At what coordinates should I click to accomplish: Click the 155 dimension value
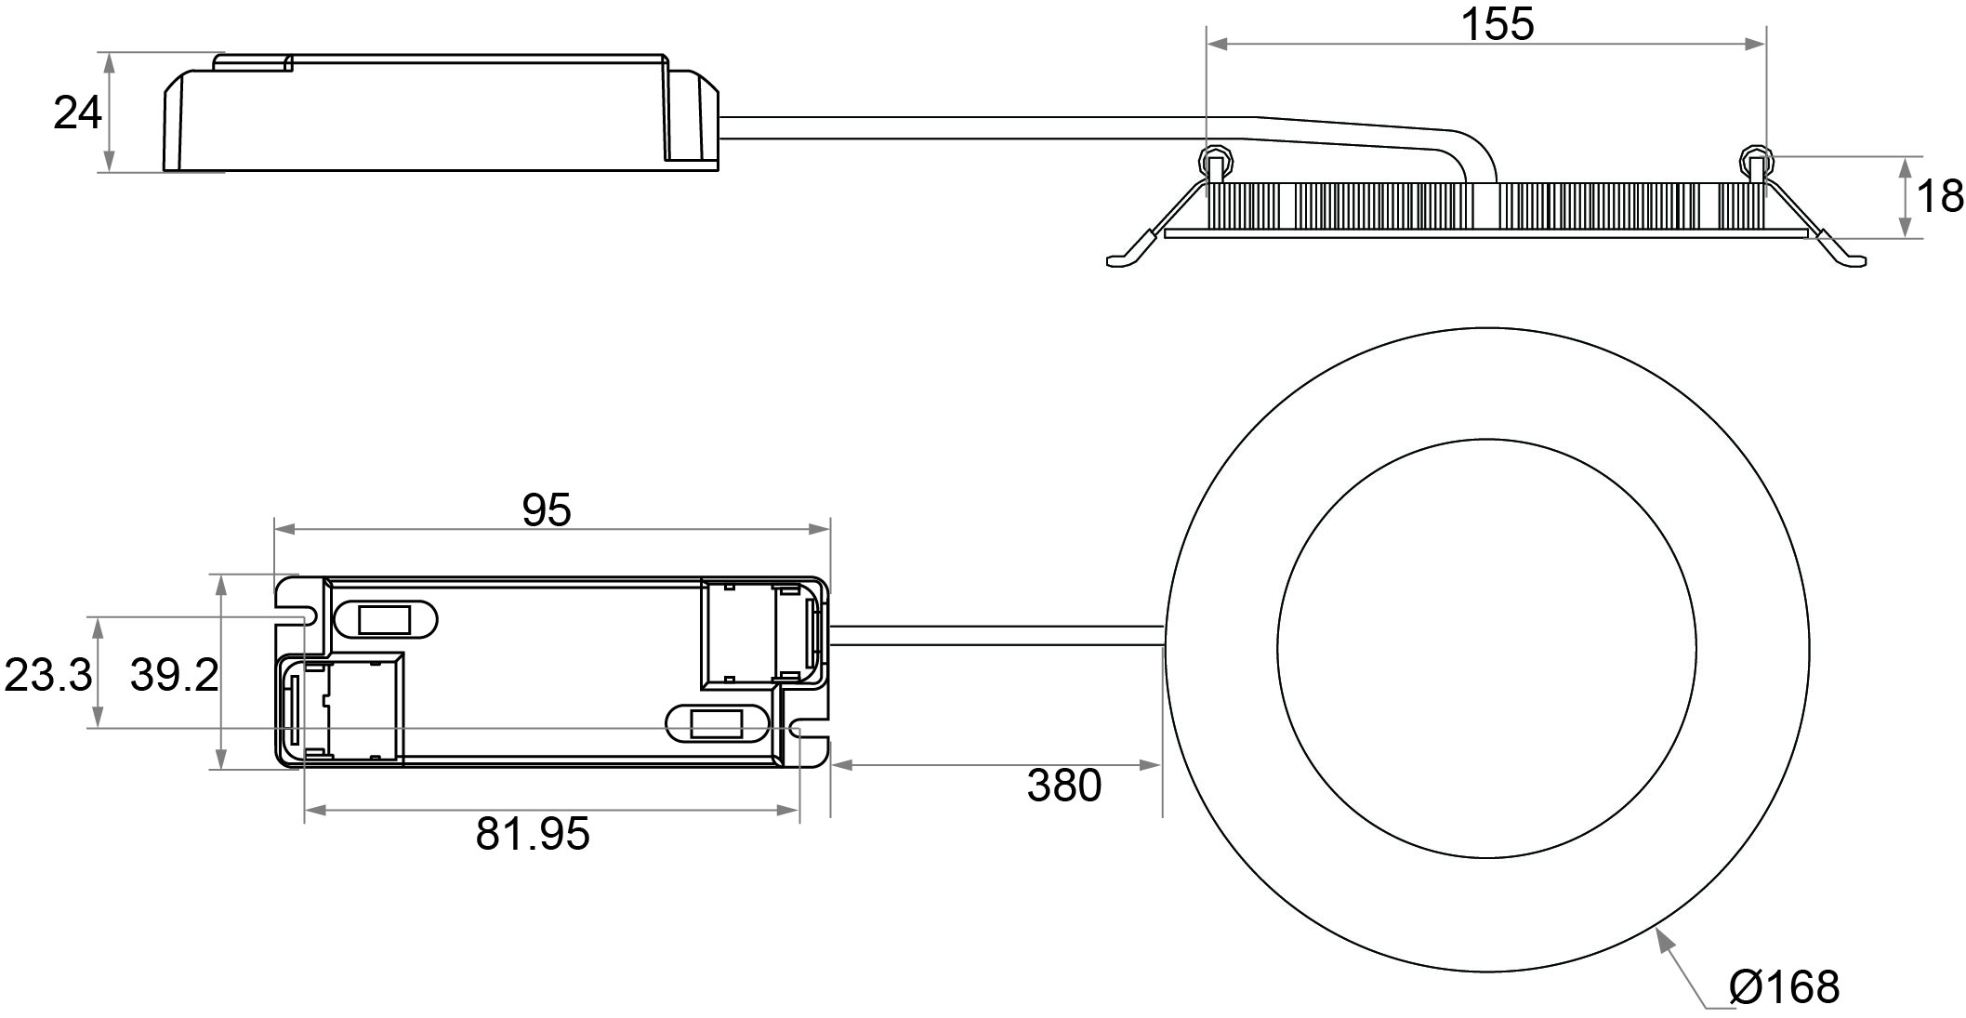point(1498,24)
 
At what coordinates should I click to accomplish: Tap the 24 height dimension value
point(77,113)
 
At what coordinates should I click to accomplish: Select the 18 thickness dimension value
point(1940,197)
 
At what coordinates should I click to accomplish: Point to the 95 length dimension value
point(547,510)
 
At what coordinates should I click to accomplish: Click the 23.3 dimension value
point(48,675)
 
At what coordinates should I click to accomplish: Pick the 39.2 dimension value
point(174,675)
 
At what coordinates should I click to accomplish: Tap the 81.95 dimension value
point(533,834)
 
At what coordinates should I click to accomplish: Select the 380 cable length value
point(1064,786)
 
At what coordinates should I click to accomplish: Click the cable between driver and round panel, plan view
point(996,636)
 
